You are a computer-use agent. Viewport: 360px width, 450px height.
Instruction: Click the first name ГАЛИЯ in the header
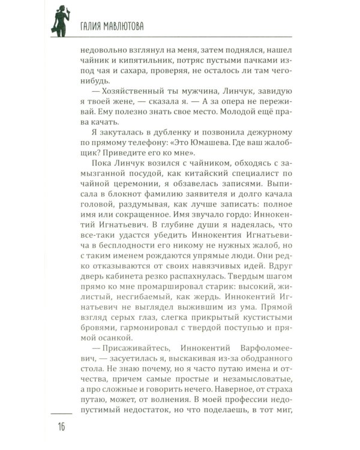click(x=89, y=26)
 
